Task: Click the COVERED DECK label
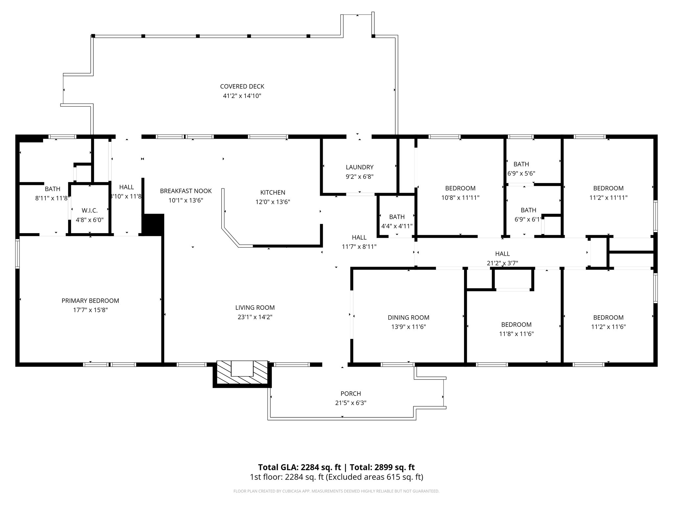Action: [242, 86]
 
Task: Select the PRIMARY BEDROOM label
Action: [90, 301]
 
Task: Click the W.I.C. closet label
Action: [90, 210]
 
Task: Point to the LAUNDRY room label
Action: [360, 167]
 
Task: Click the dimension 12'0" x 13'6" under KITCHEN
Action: [273, 202]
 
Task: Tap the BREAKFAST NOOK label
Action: [186, 191]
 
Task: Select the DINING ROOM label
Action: [408, 317]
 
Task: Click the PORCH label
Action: [351, 394]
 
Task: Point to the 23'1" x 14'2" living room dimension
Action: [255, 317]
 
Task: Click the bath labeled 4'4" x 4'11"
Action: [397, 226]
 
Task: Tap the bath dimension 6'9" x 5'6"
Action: [521, 173]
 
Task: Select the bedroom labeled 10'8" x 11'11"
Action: [460, 198]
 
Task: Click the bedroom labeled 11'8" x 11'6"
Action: [516, 334]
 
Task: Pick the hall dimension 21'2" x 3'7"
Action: [502, 263]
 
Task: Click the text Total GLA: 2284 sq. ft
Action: [299, 467]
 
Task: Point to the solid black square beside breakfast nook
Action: [153, 224]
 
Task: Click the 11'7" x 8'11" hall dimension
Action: [359, 247]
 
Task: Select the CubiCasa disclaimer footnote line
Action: [336, 491]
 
